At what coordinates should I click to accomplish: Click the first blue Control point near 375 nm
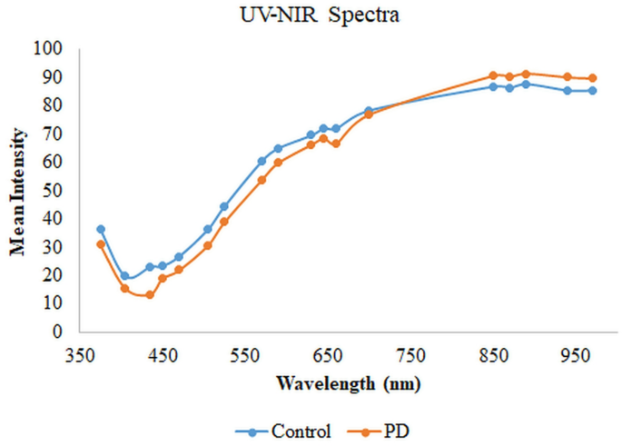point(101,229)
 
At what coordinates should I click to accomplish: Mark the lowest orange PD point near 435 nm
point(150,295)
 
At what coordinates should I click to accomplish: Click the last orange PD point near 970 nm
point(592,78)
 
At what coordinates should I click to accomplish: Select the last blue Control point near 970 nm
point(592,90)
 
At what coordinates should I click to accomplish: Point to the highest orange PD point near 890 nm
point(526,74)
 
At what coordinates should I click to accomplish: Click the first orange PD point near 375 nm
point(101,243)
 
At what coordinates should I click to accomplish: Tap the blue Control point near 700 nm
point(369,111)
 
